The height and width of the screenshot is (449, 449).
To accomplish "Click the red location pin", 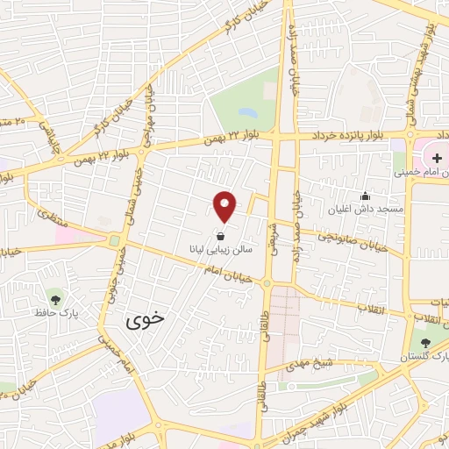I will tap(225, 205).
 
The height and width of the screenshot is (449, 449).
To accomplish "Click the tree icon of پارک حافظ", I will tap(55, 299).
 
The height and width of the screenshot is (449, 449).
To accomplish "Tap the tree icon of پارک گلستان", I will tap(426, 343).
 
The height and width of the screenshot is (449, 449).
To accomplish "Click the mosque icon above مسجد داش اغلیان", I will tap(366, 196).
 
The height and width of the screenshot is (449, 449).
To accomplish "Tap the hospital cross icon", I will tap(435, 158).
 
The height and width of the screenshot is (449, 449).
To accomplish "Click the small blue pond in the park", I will tap(246, 113).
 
